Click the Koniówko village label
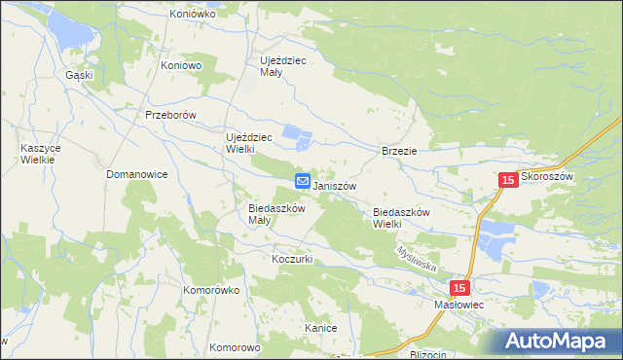[191, 15]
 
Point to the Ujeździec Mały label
[283, 66]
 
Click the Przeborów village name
[170, 115]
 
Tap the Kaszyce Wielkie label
[39, 155]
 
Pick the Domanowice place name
[137, 174]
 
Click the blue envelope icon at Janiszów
[303, 181]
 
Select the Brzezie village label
[399, 151]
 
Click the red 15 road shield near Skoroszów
[507, 180]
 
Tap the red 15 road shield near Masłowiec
[460, 288]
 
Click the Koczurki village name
[291, 260]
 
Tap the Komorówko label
[211, 290]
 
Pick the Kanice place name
[320, 328]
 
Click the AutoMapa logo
[559, 341]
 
